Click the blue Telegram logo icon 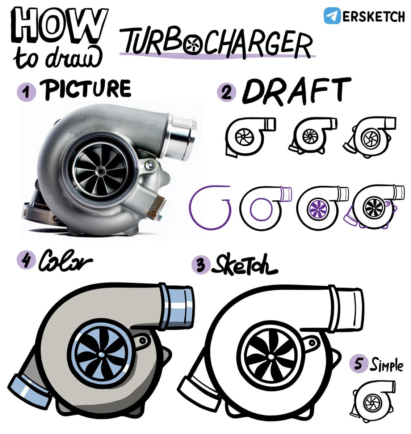pyautogui.click(x=332, y=16)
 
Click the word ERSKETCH pyautogui.click(x=373, y=16)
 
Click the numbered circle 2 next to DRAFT pyautogui.click(x=226, y=92)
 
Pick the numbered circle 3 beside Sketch pyautogui.click(x=200, y=265)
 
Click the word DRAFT pyautogui.click(x=296, y=91)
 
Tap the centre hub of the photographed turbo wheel pyautogui.click(x=101, y=171)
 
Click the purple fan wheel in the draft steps pyautogui.click(x=318, y=209)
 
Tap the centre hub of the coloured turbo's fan pyautogui.click(x=101, y=354)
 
